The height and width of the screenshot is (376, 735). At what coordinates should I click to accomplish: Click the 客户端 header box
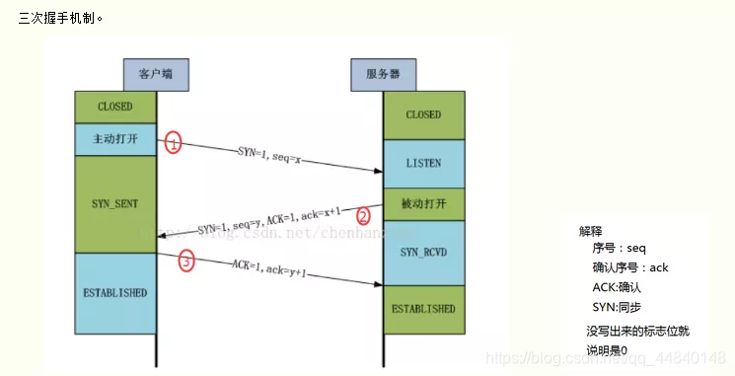tap(156, 74)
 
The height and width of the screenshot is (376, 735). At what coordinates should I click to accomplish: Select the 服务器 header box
tap(383, 74)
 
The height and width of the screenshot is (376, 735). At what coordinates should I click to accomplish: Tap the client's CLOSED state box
tap(115, 107)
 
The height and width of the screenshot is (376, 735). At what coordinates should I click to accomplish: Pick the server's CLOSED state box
tap(423, 114)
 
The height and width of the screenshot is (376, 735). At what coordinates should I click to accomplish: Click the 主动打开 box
tap(115, 138)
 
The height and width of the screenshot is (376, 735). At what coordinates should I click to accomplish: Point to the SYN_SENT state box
tap(115, 202)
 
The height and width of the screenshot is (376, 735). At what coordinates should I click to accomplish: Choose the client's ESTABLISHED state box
tap(115, 292)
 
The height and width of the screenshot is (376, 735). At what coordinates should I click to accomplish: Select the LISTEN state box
tap(423, 163)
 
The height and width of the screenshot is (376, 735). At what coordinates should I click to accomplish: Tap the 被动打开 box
tap(423, 204)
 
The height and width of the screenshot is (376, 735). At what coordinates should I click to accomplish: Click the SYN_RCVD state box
tap(423, 253)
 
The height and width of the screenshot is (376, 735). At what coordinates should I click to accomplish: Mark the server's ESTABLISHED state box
tap(423, 308)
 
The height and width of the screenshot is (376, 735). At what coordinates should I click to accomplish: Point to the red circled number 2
tap(364, 215)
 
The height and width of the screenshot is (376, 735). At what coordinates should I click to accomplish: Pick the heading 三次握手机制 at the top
tap(59, 18)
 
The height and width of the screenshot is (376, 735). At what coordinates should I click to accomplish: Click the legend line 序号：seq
tap(619, 249)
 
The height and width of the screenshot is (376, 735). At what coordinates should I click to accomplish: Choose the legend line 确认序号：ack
tap(630, 267)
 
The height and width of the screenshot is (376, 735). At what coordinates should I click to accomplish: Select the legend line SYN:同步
tap(618, 307)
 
